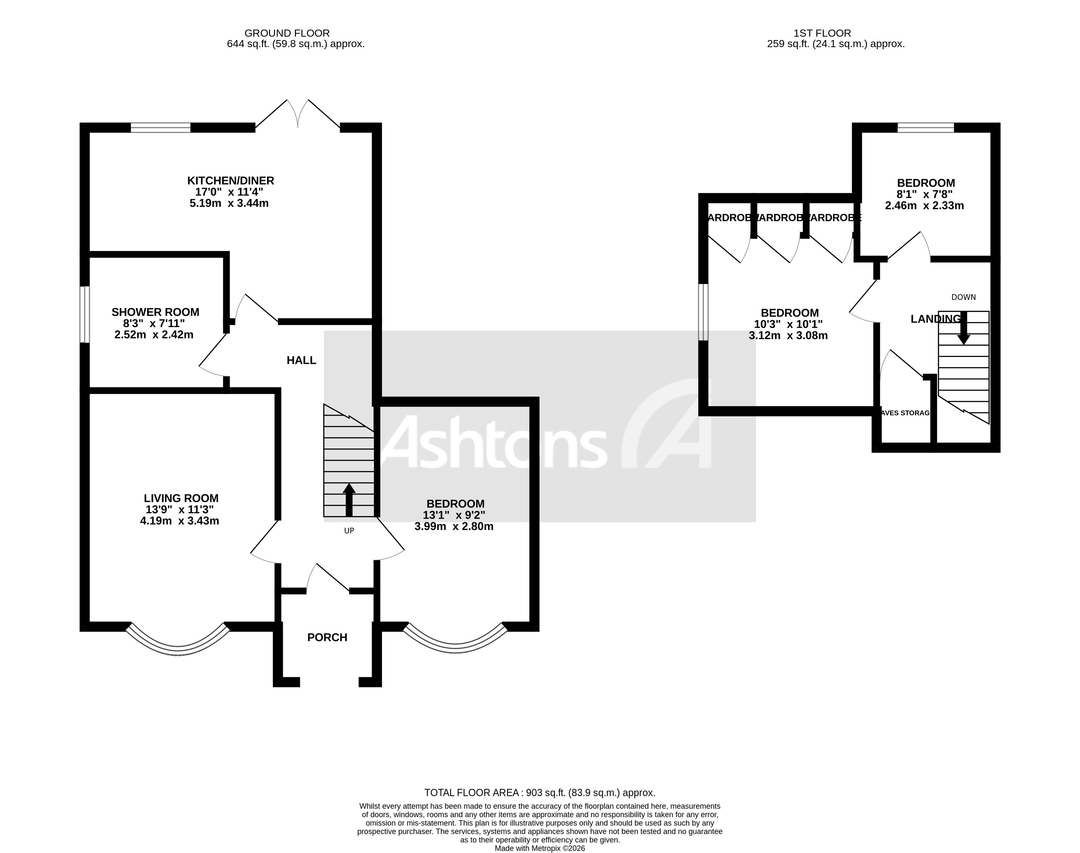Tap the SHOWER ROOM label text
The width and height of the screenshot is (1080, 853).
click(x=155, y=312)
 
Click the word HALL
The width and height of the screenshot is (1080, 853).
click(x=301, y=360)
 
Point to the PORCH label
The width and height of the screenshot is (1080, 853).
click(x=327, y=637)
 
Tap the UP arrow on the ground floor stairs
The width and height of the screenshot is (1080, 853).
click(x=349, y=499)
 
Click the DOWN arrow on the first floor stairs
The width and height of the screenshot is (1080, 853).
click(x=963, y=328)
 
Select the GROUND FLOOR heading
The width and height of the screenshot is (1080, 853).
click(x=287, y=33)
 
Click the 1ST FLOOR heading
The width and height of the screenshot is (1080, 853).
click(x=822, y=33)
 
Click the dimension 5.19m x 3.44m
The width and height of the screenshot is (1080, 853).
click(x=229, y=203)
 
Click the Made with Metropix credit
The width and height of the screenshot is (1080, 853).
click(x=539, y=848)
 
